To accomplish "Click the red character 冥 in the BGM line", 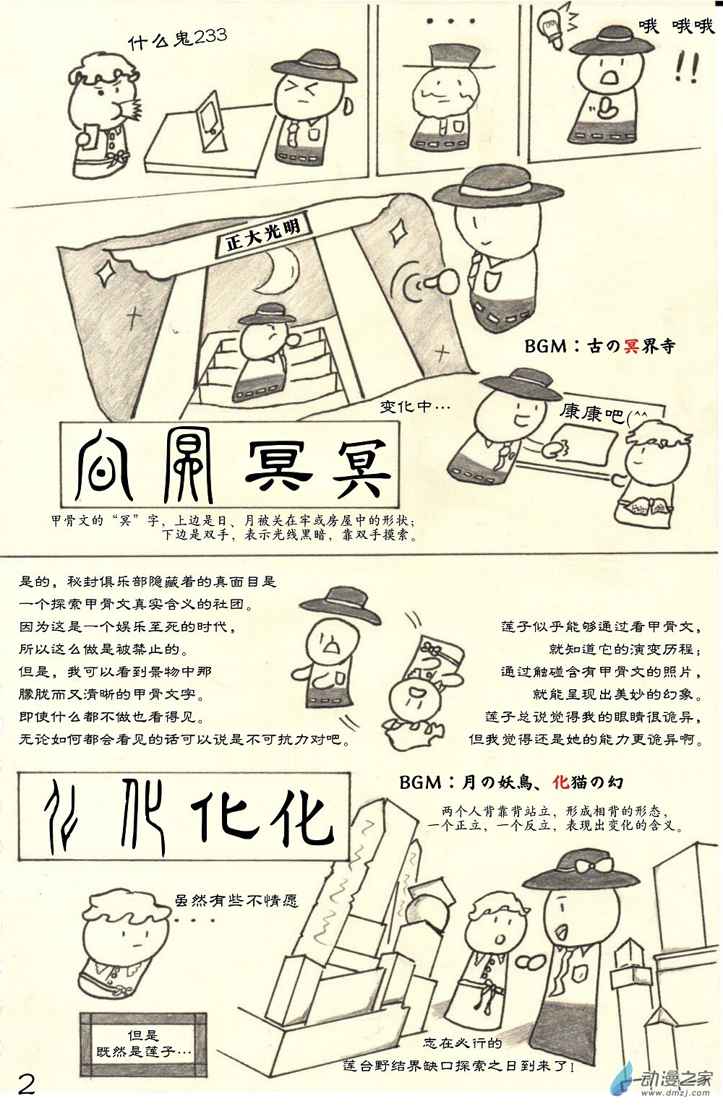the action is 631,346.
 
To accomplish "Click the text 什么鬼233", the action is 177,38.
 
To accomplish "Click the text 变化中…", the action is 415,407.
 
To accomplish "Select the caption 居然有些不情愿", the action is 236,901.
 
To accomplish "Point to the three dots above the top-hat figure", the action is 450,21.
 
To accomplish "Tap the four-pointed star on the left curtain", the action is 106,272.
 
